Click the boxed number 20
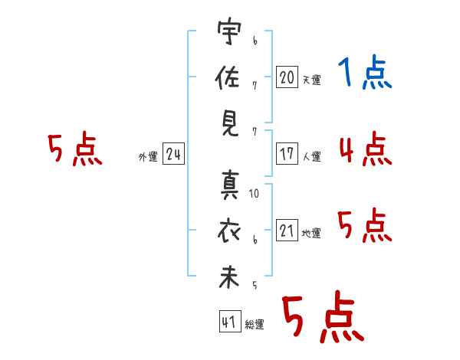pyautogui.click(x=287, y=77)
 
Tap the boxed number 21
pyautogui.click(x=287, y=231)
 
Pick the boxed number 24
pyautogui.click(x=173, y=155)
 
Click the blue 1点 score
pyautogui.click(x=364, y=74)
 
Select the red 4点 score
pyautogui.click(x=365, y=149)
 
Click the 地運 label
pyautogui.click(x=311, y=234)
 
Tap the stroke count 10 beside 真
pyautogui.click(x=254, y=194)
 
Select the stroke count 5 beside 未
pyautogui.click(x=254, y=286)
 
